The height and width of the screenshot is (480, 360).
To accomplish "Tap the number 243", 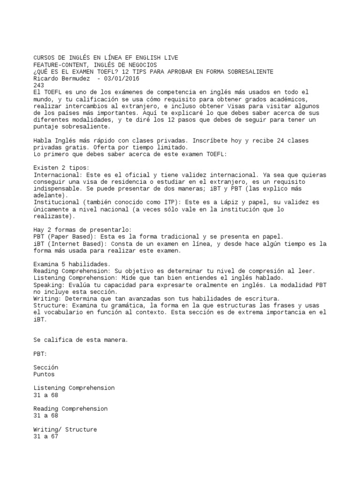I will click(39, 85).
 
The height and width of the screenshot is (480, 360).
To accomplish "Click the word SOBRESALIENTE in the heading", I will click(249, 71).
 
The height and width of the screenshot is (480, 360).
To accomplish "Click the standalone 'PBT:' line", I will click(41, 353).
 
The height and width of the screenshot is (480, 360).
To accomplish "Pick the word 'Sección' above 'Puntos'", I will click(46, 367).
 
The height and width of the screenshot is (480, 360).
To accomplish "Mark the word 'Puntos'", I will click(44, 375).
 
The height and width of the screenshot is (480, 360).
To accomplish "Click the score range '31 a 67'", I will click(46, 436).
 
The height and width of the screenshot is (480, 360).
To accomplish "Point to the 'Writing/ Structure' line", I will click(65, 429).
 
